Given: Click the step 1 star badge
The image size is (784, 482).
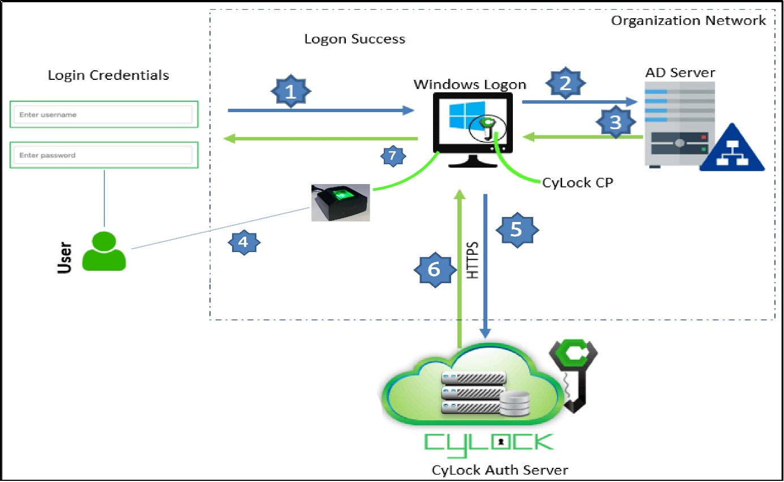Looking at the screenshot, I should pos(290,91).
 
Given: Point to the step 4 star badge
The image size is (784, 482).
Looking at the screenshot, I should pos(243,242).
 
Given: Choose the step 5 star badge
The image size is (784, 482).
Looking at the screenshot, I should pos(516,229).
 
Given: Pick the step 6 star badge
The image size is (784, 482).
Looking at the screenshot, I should pos(434,270).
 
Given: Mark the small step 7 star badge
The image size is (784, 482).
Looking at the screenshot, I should pos(392,155).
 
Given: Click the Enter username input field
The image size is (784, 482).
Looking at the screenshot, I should pos(103,115).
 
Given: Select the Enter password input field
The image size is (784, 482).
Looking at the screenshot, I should pos(103,155).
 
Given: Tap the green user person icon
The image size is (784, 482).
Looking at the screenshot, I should pos(104,250).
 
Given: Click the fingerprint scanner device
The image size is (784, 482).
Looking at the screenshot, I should pos(340,202).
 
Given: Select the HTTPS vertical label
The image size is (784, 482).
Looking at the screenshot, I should pos(472,260).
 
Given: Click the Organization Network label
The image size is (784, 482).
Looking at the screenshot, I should pos(688,21).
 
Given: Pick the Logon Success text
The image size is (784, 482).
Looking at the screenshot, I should pos(354,39).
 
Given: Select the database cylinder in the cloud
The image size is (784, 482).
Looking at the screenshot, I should pos(514,403).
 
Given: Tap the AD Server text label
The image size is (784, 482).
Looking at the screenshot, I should pos(680,72).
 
